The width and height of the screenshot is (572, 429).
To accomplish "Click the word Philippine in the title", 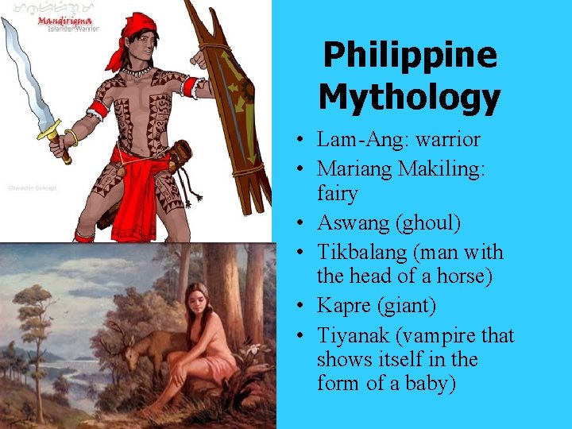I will click(x=410, y=55).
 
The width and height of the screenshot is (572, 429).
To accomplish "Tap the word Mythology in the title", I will click(x=410, y=97).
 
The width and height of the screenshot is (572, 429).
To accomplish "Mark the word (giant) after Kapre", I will click(x=412, y=306).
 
